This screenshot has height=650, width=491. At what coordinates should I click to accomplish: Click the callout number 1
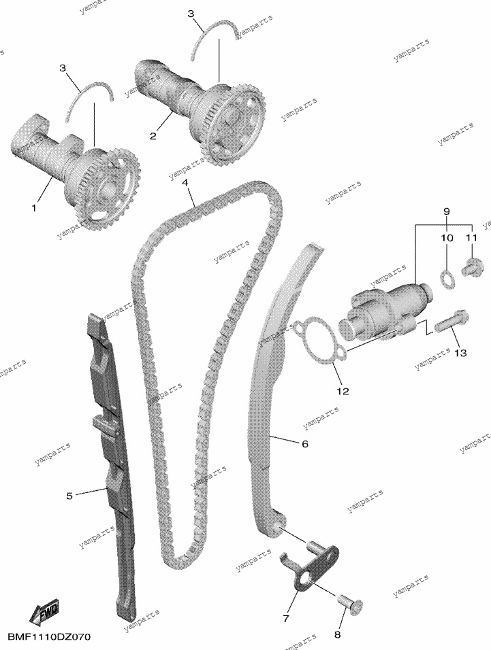point(34,207)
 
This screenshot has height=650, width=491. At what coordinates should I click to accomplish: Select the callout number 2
point(153,135)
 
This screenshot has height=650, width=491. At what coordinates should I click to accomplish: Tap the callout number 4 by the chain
point(185,183)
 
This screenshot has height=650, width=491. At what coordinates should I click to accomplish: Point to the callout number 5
point(69,496)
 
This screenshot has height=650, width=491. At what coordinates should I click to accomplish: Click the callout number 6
point(305,444)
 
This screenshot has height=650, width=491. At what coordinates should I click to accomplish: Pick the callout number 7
point(285,619)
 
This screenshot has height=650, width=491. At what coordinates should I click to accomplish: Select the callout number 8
point(337,634)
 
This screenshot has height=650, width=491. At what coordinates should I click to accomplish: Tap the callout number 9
point(447,211)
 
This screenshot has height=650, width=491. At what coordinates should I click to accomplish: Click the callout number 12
point(343,391)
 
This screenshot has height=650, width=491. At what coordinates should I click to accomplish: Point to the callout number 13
point(461,353)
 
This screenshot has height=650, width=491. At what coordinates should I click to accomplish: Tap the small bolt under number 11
point(472,267)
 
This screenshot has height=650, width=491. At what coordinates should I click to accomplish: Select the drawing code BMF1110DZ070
point(49,636)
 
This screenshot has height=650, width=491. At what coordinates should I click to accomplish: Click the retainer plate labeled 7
point(311,567)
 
